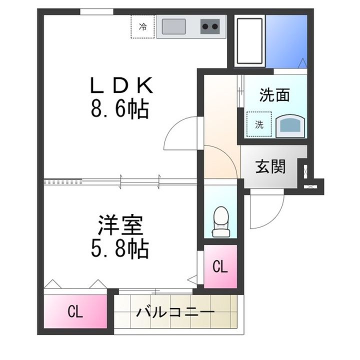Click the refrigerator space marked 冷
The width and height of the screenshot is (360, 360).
[x=143, y=26]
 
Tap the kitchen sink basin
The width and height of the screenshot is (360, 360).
[x=171, y=26]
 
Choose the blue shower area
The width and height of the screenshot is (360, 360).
[x=285, y=41]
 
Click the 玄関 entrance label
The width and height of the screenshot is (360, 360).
[x=270, y=167]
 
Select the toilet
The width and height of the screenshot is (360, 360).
[x=220, y=220]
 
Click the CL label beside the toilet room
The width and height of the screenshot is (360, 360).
[x=220, y=267]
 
